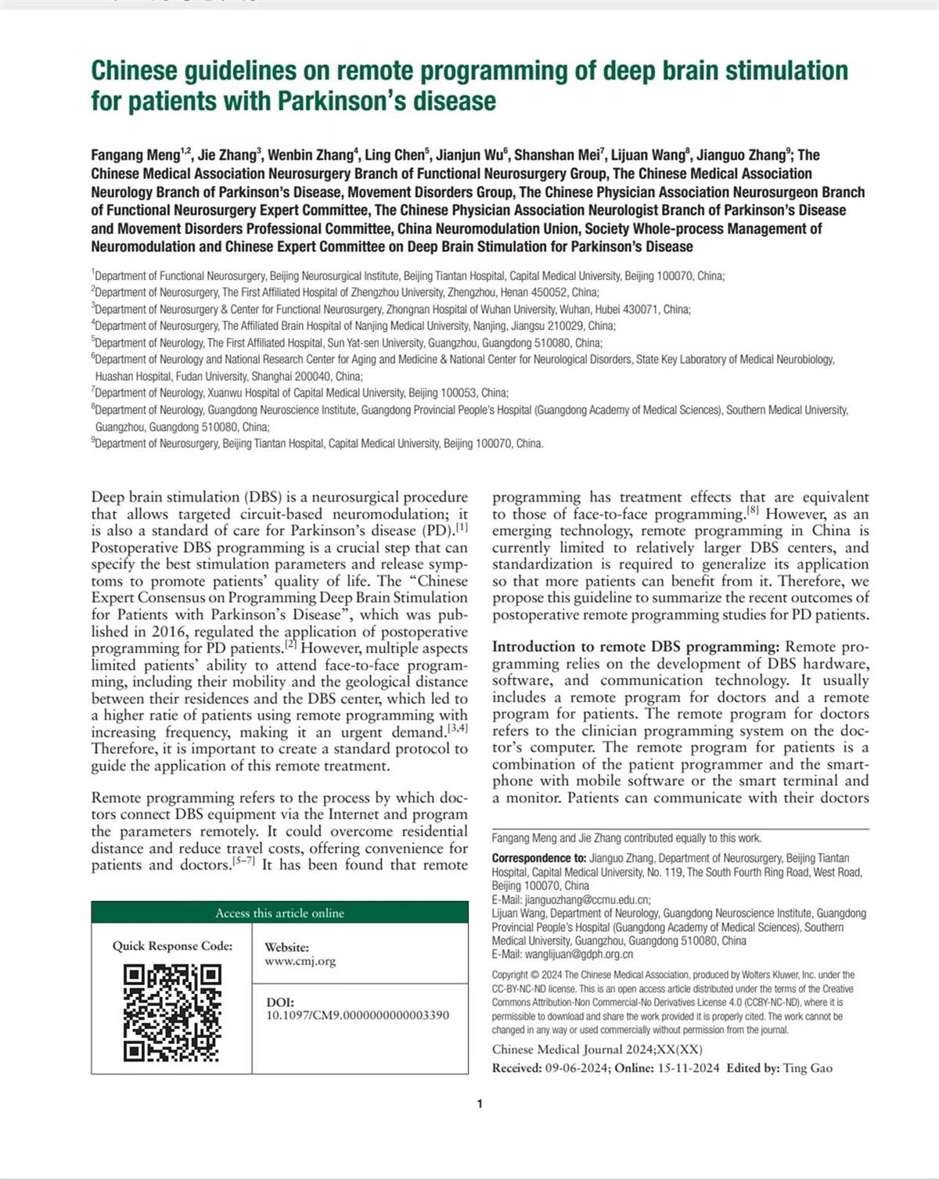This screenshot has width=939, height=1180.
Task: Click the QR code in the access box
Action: click(x=172, y=1013)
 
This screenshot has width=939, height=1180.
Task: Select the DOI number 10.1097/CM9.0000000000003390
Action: click(x=358, y=1015)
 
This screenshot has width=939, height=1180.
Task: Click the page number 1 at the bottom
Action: click(x=480, y=1104)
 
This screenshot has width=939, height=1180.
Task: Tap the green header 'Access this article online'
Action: click(x=279, y=913)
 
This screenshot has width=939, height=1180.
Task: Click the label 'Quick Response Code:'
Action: click(x=172, y=945)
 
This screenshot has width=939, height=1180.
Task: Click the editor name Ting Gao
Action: click(x=808, y=1068)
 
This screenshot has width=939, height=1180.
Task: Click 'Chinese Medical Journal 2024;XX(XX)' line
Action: click(x=597, y=1049)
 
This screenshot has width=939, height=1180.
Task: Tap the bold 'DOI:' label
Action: click(x=280, y=1002)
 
